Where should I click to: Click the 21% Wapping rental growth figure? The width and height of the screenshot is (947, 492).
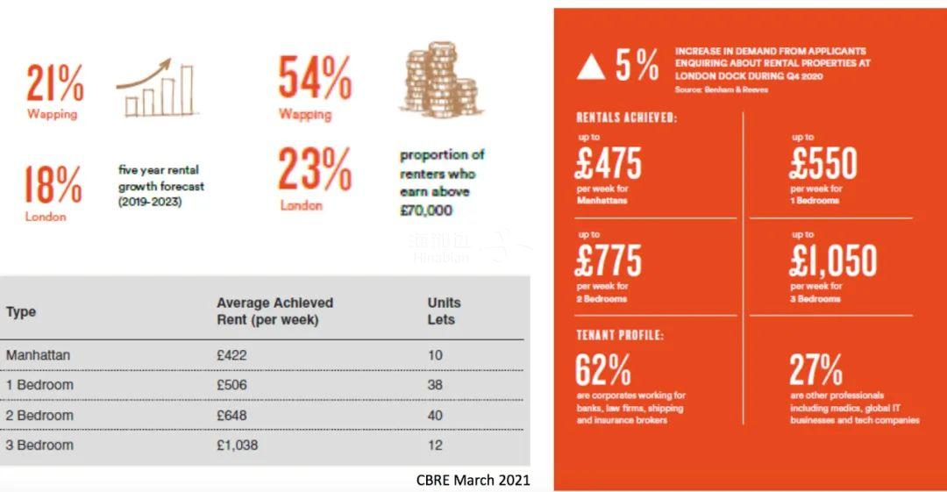click(x=55, y=84)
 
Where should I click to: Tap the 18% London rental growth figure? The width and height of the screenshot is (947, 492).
click(x=53, y=185)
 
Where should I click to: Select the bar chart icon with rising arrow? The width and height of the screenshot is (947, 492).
click(x=156, y=89)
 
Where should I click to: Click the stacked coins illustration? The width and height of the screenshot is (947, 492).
click(x=441, y=82)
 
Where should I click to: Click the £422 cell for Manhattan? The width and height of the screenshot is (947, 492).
click(x=231, y=355)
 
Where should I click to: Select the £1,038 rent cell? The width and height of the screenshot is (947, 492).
click(x=239, y=445)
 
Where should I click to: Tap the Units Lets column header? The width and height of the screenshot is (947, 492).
click(x=444, y=310)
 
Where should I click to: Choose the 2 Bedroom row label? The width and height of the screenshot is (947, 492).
click(x=39, y=415)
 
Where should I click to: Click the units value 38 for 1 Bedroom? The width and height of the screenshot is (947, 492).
click(x=436, y=385)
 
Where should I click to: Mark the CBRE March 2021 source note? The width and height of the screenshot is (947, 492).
click(x=473, y=480)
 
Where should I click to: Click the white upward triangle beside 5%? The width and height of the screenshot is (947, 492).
click(x=591, y=68)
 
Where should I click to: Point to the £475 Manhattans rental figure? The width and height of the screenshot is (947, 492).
click(x=609, y=164)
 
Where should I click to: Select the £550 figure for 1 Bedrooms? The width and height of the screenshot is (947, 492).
click(x=823, y=164)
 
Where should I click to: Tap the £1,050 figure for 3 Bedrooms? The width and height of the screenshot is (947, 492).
click(x=833, y=261)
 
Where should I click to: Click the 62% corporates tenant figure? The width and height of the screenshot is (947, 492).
click(x=602, y=370)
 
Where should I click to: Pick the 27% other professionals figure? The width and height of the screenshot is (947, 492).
click(x=815, y=370)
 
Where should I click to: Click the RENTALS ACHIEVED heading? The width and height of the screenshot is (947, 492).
click(x=626, y=117)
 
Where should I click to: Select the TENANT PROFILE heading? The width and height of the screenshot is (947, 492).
click(x=620, y=335)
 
